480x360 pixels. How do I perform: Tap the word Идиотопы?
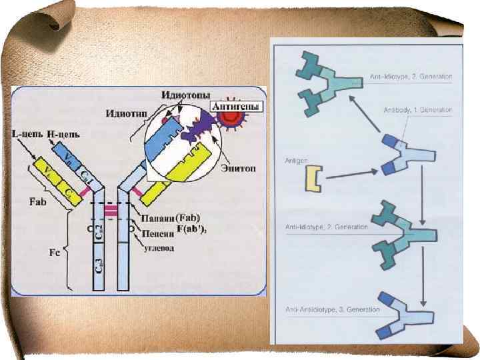point(183,95)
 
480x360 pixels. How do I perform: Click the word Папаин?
point(159,218)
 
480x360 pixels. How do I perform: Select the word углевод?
point(162,249)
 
